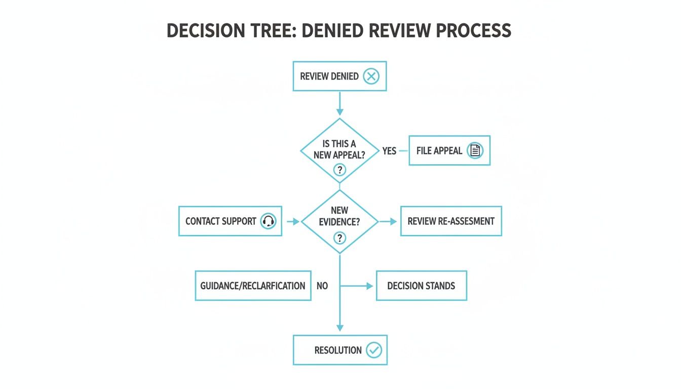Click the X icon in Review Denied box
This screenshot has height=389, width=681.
pos(371,76)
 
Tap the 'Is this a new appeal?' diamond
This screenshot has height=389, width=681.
pos(339,150)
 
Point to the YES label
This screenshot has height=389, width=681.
pos(389,151)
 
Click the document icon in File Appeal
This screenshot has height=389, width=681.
pos(475,150)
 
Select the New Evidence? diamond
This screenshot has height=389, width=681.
pos(339,221)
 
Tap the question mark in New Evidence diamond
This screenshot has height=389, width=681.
pos(339,238)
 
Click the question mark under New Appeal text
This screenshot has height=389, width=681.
pos(339,170)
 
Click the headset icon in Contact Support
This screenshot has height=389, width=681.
pos(268,221)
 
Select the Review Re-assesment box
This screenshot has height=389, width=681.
pos(451,221)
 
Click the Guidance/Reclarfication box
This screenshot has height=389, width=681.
pos(253,286)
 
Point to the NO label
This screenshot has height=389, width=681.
pos(322,286)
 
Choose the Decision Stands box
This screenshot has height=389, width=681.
pos(421,286)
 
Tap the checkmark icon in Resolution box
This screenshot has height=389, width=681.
pos(374,349)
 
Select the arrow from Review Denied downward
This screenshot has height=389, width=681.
pos(339,104)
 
